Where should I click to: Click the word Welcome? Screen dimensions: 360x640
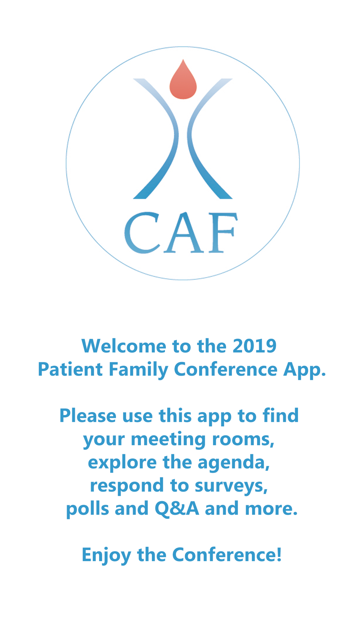(124, 346)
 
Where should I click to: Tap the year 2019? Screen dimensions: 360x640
(255, 346)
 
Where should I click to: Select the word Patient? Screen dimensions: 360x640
(70, 369)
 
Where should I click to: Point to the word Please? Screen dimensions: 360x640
(88, 415)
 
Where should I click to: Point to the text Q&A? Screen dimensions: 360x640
(177, 509)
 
